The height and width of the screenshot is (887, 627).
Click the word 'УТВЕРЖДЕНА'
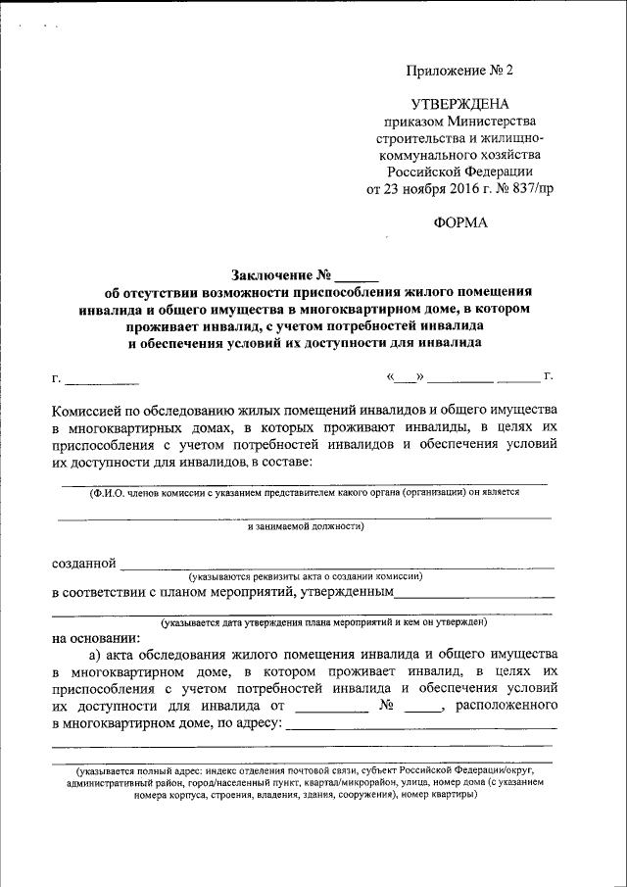[x=459, y=104]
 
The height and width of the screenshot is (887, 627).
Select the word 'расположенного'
[x=506, y=706]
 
